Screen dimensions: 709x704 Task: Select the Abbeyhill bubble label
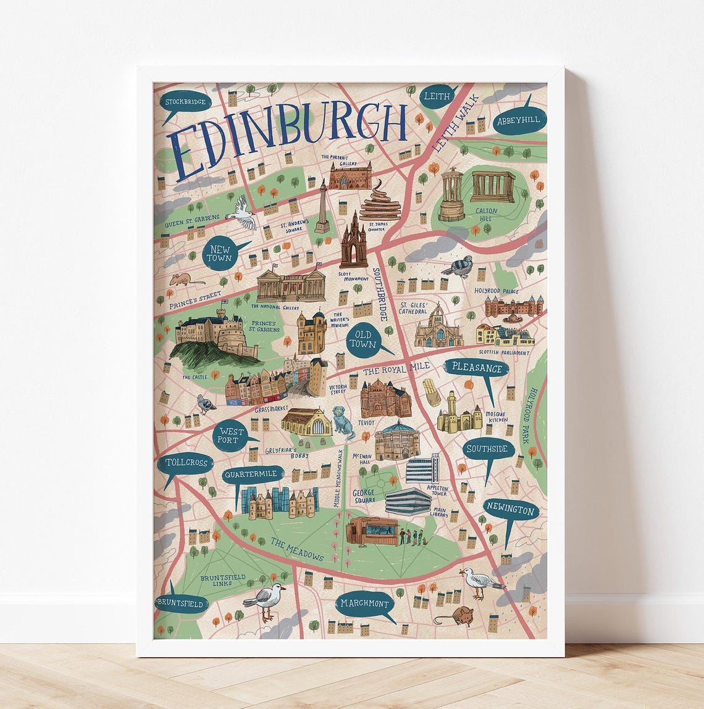pyautogui.click(x=518, y=122)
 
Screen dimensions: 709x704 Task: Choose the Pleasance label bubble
pyautogui.click(x=477, y=368)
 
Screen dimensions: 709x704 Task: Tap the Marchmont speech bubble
pyautogui.click(x=365, y=604)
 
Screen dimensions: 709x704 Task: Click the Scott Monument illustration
pyautogui.click(x=353, y=242)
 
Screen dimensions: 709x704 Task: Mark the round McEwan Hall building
pyautogui.click(x=396, y=440)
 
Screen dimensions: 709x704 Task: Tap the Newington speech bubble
pyautogui.click(x=511, y=512)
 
